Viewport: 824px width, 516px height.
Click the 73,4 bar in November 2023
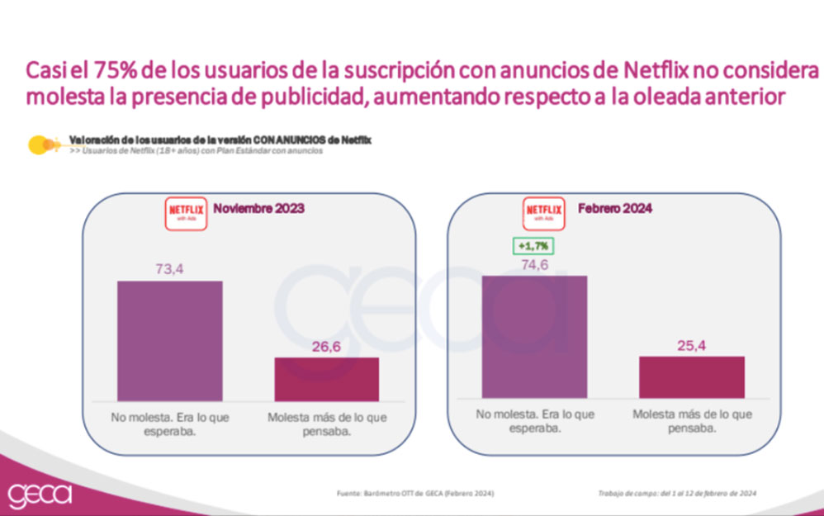point(169,341)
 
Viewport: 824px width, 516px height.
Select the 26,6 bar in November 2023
point(327,379)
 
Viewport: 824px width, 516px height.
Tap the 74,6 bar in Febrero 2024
point(534,337)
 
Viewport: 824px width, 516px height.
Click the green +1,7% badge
point(533,245)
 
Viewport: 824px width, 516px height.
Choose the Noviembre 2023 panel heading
point(258,209)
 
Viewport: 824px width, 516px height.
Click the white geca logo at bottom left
point(40,495)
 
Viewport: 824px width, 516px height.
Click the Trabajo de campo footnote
point(676,493)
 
